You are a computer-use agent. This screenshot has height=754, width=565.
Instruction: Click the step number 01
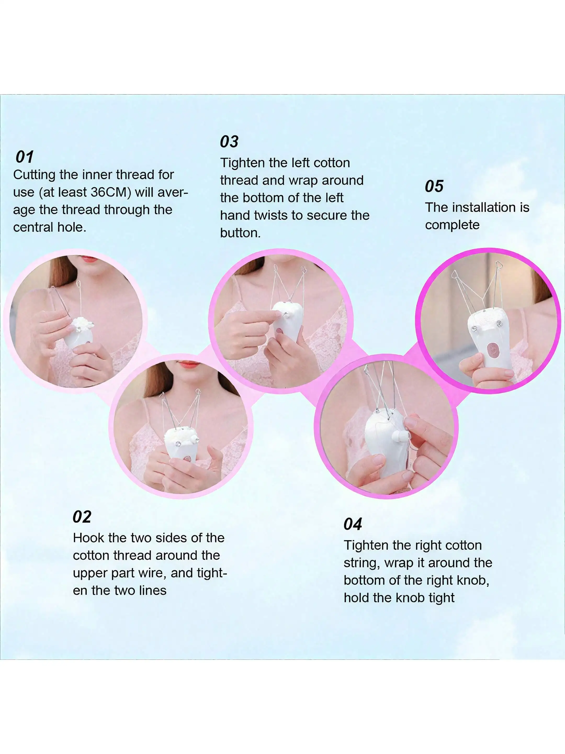tap(25, 157)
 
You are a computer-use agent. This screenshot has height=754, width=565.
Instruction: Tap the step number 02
tap(82, 517)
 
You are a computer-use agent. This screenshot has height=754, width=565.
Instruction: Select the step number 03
tap(229, 141)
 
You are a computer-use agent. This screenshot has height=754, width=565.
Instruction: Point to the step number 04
tap(353, 524)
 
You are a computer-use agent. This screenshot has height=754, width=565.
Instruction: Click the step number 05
tap(434, 186)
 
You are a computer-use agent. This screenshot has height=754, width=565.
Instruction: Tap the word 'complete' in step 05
tap(452, 225)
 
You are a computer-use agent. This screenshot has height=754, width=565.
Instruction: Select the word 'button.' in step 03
tap(240, 233)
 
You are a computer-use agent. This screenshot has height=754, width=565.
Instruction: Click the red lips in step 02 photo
tap(189, 364)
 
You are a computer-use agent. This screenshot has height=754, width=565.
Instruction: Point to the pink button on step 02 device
tap(188, 459)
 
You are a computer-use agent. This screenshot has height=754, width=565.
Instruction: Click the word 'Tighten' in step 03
tap(242, 163)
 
